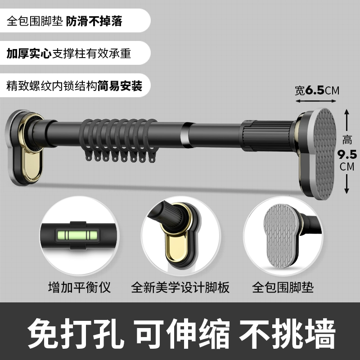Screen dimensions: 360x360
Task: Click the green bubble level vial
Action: (x=77, y=235)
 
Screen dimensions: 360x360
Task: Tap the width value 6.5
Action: (x=315, y=90)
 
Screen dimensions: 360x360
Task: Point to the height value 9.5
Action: (x=347, y=154)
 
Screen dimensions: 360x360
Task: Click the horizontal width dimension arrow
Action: (x=316, y=101)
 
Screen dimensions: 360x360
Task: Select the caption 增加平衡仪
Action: (x=80, y=287)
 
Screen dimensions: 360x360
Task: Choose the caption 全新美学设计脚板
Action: (x=180, y=287)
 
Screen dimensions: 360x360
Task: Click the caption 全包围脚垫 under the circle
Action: (x=283, y=287)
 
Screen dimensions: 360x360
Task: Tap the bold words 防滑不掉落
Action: (x=94, y=21)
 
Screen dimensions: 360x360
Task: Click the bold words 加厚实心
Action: (x=29, y=53)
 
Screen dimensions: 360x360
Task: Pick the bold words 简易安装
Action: (x=120, y=86)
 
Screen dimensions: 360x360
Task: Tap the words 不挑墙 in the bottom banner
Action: (x=287, y=333)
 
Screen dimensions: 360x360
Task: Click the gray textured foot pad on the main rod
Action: (x=321, y=153)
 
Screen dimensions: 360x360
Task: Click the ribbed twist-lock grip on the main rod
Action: (x=267, y=135)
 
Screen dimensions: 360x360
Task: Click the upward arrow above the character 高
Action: (x=346, y=120)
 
